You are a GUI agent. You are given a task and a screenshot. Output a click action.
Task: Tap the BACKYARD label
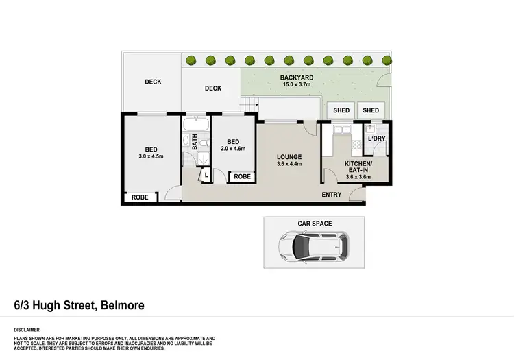pos(295,77)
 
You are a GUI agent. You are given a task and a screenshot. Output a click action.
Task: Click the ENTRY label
pos(332,195)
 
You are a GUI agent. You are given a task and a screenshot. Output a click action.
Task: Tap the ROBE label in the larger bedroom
pos(139,198)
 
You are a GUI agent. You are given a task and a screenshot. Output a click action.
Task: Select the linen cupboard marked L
pos(206,176)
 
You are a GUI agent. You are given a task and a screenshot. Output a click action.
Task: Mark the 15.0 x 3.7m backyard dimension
pos(295,85)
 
